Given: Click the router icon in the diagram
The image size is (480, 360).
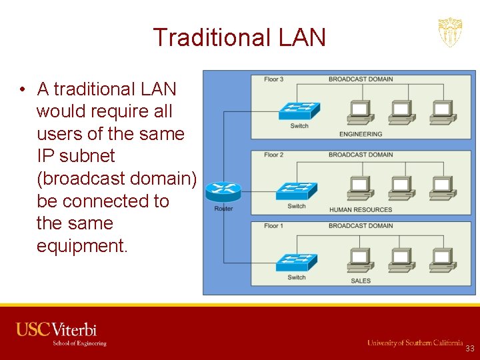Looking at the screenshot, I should pos(223,192).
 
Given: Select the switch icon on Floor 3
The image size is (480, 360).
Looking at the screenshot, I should pos(299,111).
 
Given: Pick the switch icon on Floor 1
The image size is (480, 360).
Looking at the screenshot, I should pos(297,263).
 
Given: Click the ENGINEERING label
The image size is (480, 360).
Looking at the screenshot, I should pos(361,134).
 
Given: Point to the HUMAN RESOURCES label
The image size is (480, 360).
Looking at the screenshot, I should pos(361,210).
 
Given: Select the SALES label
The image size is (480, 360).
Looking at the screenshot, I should pos(361,281).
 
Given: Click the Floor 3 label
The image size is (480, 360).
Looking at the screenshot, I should pos(273,79).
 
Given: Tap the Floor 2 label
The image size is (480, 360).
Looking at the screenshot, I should pos(273,155).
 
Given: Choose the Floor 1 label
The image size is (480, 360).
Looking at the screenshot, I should pos(273,225).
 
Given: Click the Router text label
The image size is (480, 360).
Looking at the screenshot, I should pos(223,209).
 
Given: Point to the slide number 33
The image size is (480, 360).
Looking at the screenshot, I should pos(470,349).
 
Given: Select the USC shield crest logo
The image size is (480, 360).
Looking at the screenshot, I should pos(450,32).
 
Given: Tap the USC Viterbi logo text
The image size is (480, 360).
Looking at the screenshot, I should pos(57,330).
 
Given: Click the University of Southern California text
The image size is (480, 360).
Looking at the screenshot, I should pos(415,343).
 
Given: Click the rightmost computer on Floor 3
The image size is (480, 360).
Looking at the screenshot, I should pos(441,112).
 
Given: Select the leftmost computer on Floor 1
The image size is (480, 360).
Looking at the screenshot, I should pos(360,259).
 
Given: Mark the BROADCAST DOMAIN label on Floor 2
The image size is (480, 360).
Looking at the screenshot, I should pos(361,155).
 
